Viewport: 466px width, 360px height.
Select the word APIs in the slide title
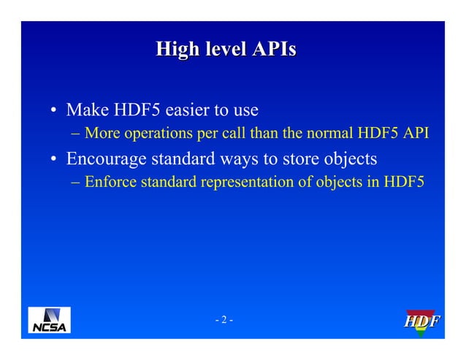click(x=274, y=50)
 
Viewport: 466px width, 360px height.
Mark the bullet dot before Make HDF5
click(x=54, y=112)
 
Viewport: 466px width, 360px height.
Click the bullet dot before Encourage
click(x=54, y=159)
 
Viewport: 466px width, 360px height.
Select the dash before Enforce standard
click(x=76, y=181)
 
